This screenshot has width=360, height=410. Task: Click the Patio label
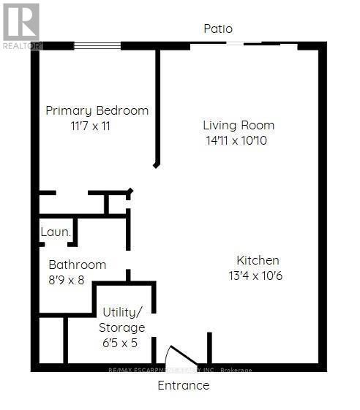(x=218, y=29)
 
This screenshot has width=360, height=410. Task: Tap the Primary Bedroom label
(x=97, y=110)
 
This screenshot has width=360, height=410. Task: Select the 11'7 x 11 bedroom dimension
(x=90, y=126)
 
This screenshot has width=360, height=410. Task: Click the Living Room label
(x=239, y=125)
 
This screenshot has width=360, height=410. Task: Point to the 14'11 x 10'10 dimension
(x=236, y=140)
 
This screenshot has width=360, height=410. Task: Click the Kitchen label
(x=258, y=260)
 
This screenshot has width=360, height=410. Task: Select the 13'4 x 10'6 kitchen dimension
(x=255, y=276)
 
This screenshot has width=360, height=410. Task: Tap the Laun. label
(x=56, y=232)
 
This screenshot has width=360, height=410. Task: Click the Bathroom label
(x=78, y=265)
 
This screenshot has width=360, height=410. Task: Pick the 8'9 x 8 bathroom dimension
(x=67, y=281)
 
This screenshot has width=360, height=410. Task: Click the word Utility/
(x=122, y=313)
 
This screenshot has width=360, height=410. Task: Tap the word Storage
(x=122, y=328)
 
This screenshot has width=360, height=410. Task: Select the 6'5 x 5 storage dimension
(x=120, y=343)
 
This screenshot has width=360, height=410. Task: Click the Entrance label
(x=184, y=385)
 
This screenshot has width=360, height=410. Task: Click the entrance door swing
(x=183, y=354)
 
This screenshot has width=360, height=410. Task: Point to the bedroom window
(x=97, y=46)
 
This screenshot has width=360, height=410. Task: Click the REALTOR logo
(x=21, y=26)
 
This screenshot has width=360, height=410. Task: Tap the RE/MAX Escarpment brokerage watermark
(x=180, y=370)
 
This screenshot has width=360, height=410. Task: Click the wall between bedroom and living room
(x=157, y=107)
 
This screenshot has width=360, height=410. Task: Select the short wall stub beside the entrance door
(x=209, y=348)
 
